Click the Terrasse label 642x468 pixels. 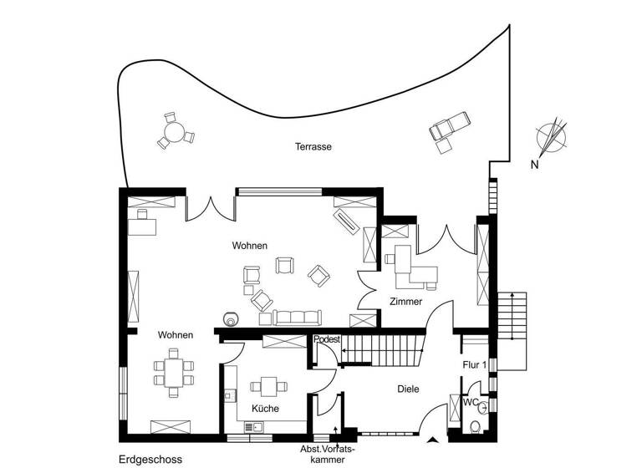313,146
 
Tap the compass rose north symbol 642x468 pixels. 550,137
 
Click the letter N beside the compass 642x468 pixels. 534,165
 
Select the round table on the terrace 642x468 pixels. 175,132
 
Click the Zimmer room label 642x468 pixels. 405,302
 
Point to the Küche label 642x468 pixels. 265,409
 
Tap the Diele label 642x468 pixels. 408,389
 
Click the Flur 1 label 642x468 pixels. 475,365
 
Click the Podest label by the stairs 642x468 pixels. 327,340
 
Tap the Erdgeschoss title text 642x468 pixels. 150,459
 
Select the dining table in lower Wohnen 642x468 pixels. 174,374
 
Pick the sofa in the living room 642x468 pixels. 296,317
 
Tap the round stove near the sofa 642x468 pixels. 230,318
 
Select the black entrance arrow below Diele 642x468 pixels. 432,439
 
